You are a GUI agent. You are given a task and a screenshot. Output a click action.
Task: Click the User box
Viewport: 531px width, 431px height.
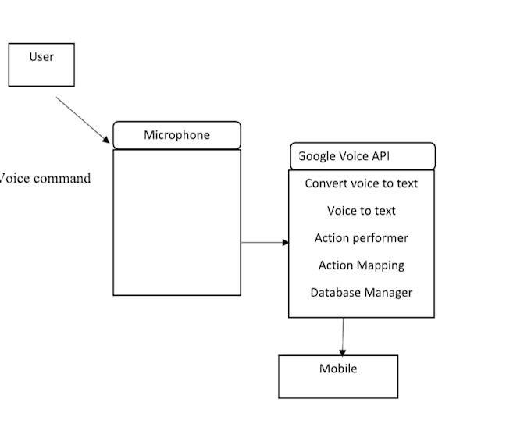(x=41, y=64)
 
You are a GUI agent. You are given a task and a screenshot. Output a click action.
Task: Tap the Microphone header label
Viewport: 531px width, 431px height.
(x=176, y=135)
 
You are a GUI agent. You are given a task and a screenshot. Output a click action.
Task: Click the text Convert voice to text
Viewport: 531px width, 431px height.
(x=361, y=183)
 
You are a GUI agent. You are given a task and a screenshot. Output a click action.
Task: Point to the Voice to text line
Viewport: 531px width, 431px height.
(x=361, y=211)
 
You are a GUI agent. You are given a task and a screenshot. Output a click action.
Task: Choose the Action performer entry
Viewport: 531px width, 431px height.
(x=361, y=238)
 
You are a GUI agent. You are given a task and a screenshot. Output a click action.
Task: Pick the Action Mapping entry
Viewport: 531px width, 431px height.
(x=361, y=265)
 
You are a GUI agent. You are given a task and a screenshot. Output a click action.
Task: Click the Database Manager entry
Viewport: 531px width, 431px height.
(x=361, y=293)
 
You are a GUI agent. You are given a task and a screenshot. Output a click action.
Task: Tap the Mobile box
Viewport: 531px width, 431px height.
(x=338, y=376)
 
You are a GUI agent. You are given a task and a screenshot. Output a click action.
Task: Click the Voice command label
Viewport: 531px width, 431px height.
(x=45, y=179)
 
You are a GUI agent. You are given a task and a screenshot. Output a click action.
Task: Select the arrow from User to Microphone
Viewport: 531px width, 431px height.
(x=83, y=119)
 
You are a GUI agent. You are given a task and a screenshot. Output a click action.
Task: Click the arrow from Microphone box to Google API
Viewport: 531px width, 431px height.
(x=265, y=243)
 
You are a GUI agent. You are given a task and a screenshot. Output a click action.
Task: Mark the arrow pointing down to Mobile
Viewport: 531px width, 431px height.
(x=342, y=337)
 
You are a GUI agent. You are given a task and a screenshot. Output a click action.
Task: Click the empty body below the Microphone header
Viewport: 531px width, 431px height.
(x=176, y=223)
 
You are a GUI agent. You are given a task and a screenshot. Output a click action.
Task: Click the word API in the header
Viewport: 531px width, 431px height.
(x=380, y=156)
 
